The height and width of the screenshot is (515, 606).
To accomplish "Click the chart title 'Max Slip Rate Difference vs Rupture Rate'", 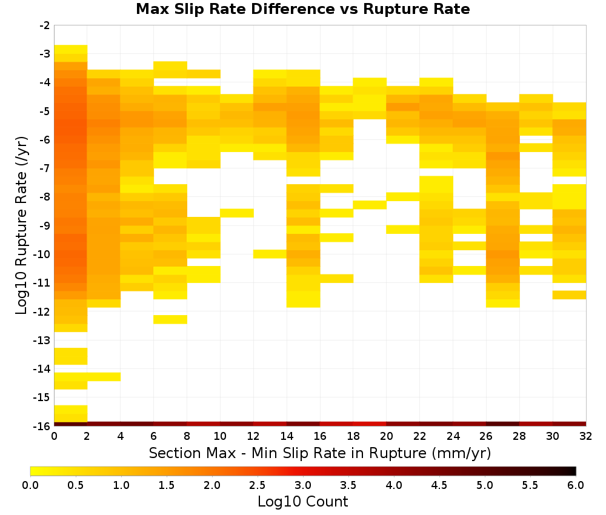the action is (x=302, y=9).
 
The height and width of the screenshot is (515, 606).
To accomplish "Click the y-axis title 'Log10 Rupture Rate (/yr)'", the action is (x=21, y=225).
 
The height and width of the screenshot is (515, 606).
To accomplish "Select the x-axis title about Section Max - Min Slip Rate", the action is (x=320, y=453).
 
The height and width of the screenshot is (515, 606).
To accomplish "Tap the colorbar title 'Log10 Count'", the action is (x=302, y=502).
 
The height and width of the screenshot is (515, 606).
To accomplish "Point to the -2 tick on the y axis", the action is (x=45, y=25).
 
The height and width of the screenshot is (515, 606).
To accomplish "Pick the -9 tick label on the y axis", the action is (x=45, y=225).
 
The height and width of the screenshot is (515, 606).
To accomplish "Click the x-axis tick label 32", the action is (x=586, y=436).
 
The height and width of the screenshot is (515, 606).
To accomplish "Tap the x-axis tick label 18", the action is (x=353, y=436).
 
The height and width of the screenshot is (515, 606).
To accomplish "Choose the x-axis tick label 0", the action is (x=54, y=436).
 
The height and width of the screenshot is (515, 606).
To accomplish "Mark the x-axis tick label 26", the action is (x=486, y=436).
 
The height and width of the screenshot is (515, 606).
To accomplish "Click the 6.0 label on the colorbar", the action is (x=576, y=485).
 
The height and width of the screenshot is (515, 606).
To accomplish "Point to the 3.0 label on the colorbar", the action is (x=303, y=485).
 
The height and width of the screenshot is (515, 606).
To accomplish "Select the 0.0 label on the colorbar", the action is (x=30, y=485).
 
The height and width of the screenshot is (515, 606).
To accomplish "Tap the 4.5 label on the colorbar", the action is (x=439, y=485).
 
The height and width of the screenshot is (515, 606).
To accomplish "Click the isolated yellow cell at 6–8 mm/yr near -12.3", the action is (x=170, y=319).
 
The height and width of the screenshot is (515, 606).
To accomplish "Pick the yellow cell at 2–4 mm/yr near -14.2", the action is (x=104, y=377).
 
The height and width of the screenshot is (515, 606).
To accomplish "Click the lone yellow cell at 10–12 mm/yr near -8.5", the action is (x=236, y=213).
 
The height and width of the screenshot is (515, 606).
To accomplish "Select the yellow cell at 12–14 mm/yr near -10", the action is (x=270, y=254).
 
